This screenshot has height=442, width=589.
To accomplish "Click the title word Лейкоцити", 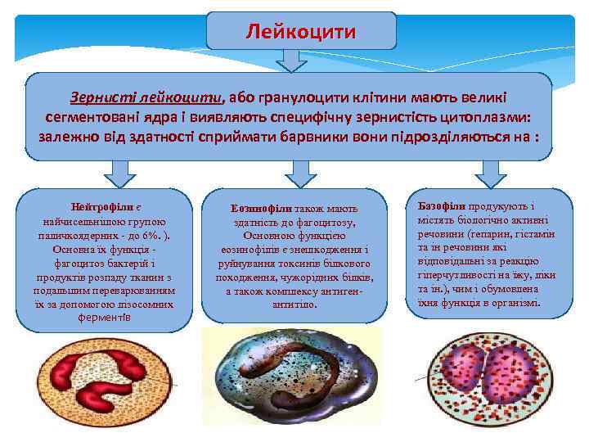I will coord(301,32).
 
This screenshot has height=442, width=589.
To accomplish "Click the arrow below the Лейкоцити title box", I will coord(290,60).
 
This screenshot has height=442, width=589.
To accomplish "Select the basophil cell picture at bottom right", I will coord(496,383).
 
